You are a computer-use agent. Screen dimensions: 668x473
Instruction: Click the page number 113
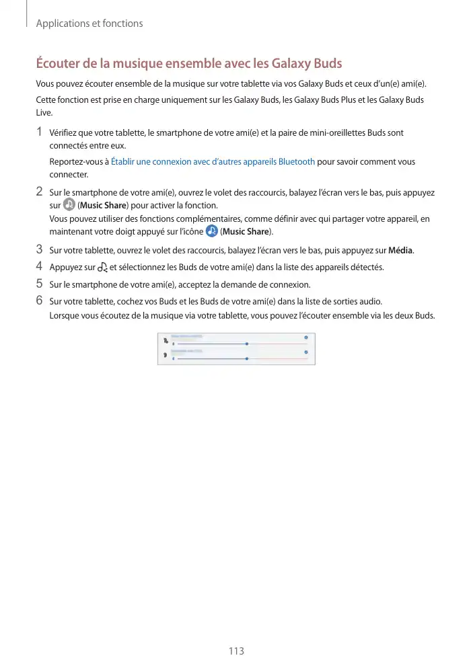click(236, 651)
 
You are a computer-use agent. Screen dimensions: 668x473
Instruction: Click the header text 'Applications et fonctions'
click(89, 24)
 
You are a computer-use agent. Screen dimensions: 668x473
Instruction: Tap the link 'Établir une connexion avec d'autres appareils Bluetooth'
click(213, 162)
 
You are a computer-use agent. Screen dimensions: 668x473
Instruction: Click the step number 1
click(40, 132)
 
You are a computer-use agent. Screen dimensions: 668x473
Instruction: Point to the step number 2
click(40, 192)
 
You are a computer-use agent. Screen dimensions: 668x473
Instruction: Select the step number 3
click(40, 251)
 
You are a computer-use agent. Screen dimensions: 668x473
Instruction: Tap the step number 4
click(40, 267)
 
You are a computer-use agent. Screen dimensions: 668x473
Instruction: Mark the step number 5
click(40, 284)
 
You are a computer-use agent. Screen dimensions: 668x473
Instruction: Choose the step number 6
click(40, 300)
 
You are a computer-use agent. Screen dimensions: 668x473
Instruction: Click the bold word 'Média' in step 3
click(401, 251)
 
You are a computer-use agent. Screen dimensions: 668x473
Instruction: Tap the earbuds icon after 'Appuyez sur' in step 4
click(102, 267)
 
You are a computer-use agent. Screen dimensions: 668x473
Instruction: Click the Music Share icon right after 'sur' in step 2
click(69, 205)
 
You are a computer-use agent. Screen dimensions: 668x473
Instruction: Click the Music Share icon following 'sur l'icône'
click(212, 231)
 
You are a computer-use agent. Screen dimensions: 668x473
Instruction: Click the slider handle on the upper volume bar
click(247, 343)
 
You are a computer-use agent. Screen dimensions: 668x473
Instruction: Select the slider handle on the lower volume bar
click(247, 359)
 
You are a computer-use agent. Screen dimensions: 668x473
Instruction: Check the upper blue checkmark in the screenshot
click(306, 337)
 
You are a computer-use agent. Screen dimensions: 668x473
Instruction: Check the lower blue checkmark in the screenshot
click(306, 352)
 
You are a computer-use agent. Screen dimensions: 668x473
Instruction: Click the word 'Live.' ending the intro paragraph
click(44, 113)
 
